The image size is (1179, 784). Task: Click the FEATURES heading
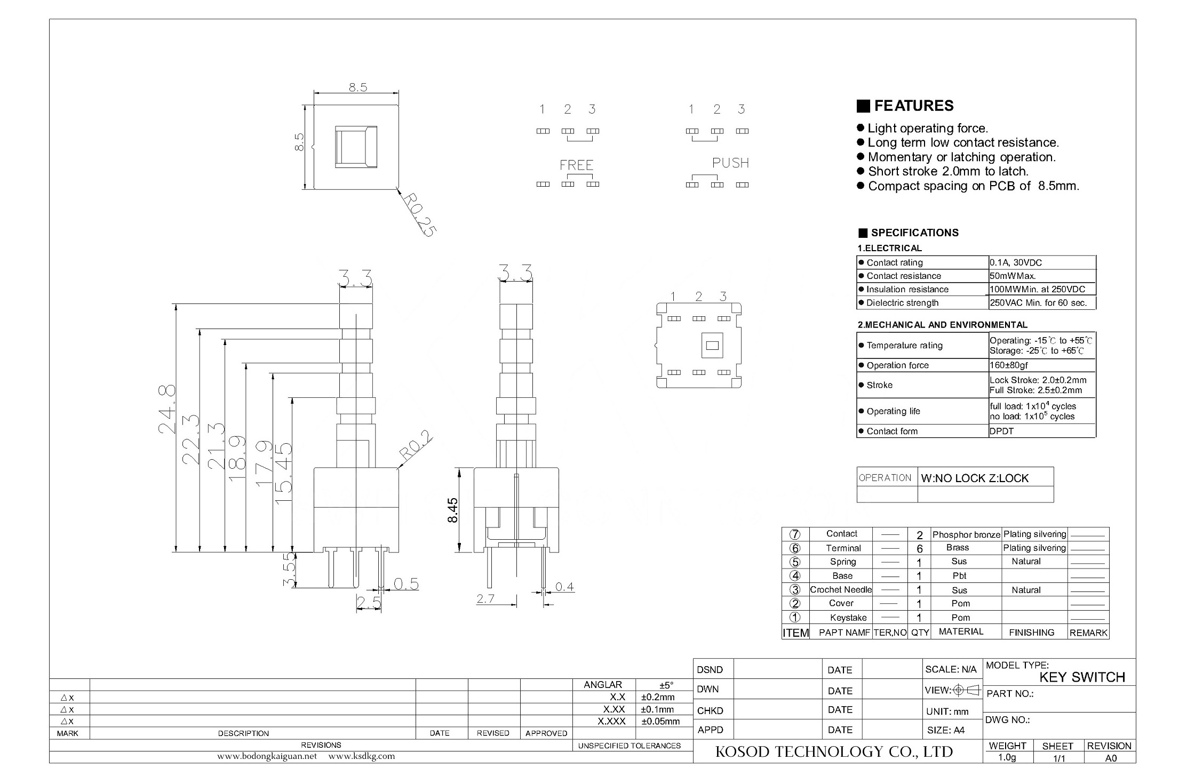[913, 106]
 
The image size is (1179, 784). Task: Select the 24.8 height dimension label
[167, 409]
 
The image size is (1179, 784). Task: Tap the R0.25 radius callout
[419, 214]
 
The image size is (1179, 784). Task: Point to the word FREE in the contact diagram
[576, 165]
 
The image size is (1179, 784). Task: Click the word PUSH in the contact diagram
[730, 163]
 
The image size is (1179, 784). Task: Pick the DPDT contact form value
[1001, 431]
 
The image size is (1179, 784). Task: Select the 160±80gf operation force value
[1008, 365]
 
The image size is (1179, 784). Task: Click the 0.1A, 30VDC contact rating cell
[1016, 262]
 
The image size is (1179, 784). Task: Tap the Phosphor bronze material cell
[966, 534]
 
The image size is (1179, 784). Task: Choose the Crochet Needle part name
[841, 589]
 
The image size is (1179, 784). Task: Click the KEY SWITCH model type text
[1082, 677]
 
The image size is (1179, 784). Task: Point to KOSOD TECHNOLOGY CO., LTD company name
[834, 752]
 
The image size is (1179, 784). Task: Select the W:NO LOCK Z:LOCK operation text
[975, 478]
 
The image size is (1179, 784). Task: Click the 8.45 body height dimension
[452, 510]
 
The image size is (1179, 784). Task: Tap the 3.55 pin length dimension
[289, 570]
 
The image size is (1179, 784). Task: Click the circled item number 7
[795, 534]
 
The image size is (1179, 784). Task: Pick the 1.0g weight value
[1007, 757]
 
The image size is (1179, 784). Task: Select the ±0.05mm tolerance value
[660, 722]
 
